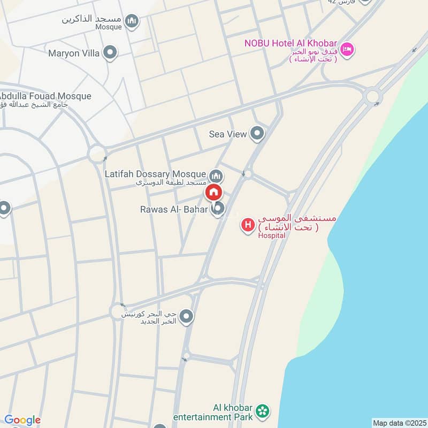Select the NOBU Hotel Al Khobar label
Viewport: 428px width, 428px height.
(290, 43)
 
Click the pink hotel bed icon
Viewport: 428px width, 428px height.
(347, 50)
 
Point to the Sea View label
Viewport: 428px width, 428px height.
(228, 134)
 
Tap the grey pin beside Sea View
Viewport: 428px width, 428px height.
(257, 133)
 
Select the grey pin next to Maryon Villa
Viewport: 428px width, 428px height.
(110, 53)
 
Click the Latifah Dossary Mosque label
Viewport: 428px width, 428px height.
(156, 174)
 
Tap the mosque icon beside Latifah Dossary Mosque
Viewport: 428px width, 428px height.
(216, 175)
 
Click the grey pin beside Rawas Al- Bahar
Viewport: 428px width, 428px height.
(217, 209)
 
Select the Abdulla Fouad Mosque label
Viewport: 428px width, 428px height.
(47, 96)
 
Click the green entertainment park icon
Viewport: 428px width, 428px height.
(262, 411)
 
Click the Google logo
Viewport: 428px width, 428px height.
(22, 420)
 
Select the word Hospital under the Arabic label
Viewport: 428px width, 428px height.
(271, 235)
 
